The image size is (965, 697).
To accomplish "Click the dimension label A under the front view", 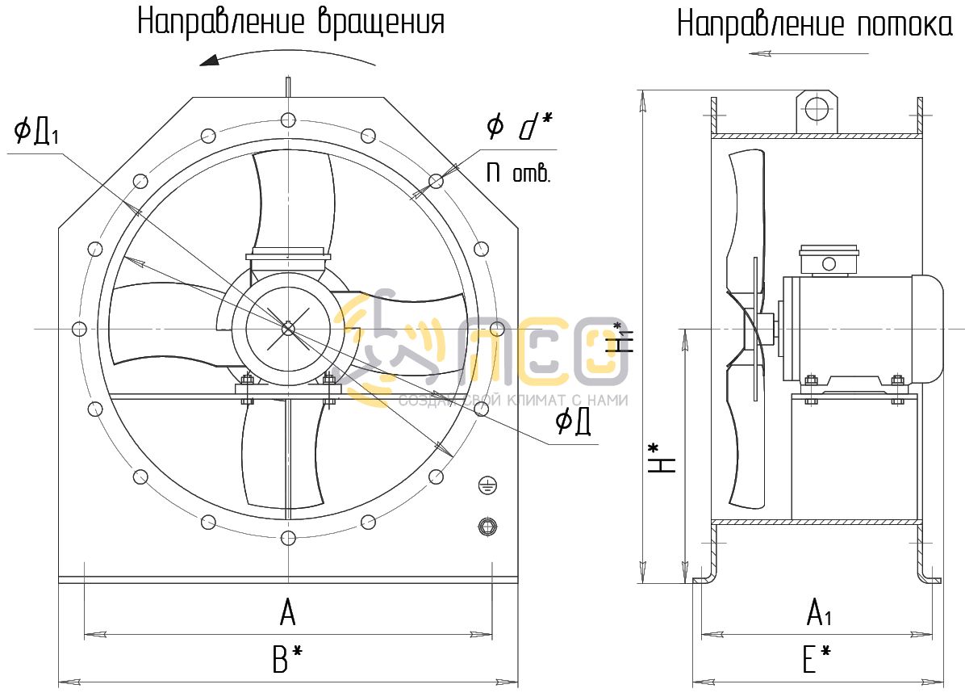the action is [x=287, y=612].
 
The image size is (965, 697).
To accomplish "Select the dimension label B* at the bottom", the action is [x=286, y=659].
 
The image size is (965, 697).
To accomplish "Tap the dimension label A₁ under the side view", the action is [x=819, y=612].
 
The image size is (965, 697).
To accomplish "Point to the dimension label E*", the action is [x=817, y=659].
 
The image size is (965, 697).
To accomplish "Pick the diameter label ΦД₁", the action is [x=37, y=132].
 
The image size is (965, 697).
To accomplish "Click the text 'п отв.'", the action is [x=518, y=172].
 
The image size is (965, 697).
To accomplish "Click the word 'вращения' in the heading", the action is [x=381, y=21].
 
